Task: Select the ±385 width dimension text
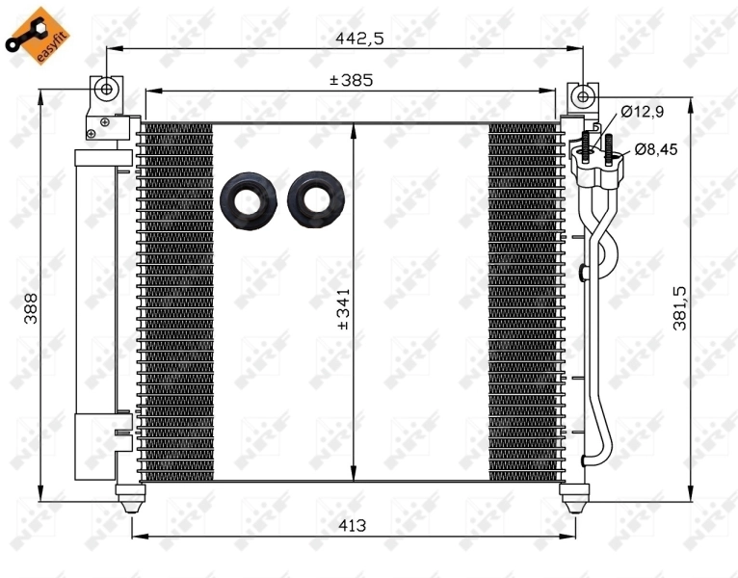[351, 81]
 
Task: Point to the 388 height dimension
[31, 308]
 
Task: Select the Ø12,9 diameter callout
[642, 112]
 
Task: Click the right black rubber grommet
[315, 200]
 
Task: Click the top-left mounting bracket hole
[106, 90]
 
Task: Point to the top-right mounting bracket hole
[582, 95]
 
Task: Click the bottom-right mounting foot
[575, 498]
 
